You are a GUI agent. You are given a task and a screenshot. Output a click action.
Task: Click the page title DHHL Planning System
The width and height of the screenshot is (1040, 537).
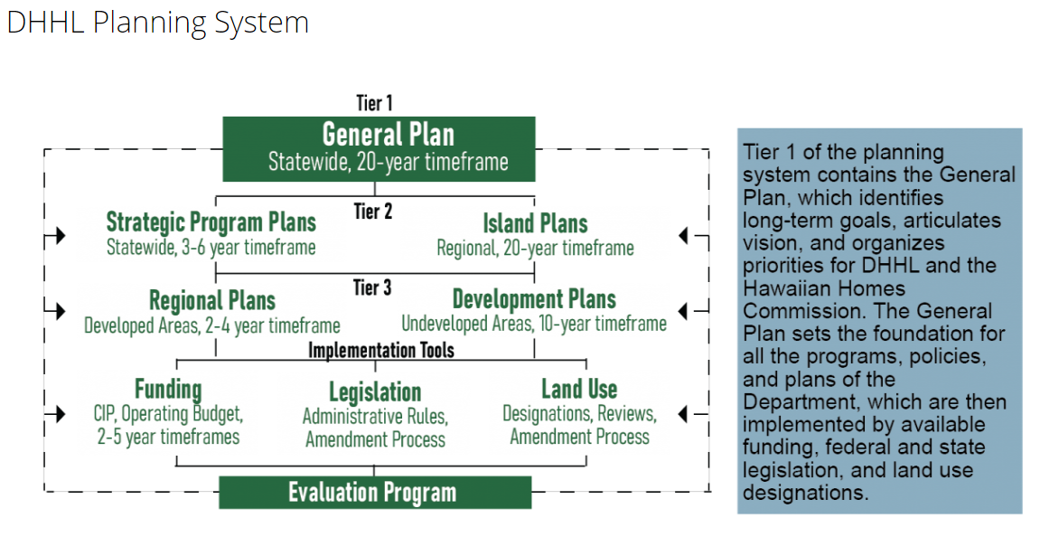pos(158,24)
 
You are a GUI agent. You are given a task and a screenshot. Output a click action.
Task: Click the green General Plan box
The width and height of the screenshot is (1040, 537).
pos(379,148)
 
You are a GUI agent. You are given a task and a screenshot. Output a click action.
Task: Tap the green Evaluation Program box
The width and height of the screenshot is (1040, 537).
pos(375,493)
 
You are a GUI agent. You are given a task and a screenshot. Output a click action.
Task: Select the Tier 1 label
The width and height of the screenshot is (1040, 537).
pos(374,103)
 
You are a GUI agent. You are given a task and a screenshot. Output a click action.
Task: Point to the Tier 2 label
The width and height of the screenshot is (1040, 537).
pos(373,211)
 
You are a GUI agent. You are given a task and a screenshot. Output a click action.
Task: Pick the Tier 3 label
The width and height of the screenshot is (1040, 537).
pos(372,287)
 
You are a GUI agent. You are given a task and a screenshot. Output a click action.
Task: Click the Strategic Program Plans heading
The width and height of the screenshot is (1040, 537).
pos(211,221)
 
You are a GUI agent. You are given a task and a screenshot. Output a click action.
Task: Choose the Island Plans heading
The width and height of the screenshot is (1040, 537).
pos(535,223)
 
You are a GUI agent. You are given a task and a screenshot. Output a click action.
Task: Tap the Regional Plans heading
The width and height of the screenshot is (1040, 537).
pos(212,300)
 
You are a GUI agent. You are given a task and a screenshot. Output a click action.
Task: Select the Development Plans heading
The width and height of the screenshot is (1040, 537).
pos(534,298)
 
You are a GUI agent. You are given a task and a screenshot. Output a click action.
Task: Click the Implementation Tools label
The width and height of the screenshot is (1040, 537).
pos(381,350)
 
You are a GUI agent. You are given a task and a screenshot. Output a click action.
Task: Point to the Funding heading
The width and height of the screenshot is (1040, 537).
pos(168,389)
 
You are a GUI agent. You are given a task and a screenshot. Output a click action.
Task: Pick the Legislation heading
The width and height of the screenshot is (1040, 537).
pos(375,391)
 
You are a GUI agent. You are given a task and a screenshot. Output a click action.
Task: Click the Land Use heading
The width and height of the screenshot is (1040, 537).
pos(579,389)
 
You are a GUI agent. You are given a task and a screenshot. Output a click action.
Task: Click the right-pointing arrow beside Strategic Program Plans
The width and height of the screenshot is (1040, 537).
pos(55,235)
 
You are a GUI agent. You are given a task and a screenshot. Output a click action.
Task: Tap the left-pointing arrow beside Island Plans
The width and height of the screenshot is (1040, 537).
pos(694,235)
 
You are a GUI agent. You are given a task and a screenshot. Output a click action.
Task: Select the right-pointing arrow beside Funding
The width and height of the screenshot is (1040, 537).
pos(55,413)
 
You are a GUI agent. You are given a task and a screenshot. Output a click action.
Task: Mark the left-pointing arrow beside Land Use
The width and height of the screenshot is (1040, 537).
pos(694,413)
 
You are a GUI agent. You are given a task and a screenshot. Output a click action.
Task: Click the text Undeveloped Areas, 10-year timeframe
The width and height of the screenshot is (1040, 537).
pos(534,324)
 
